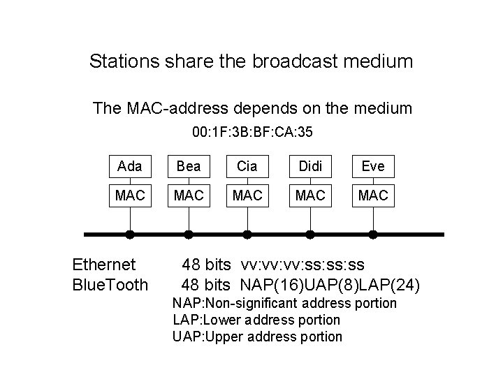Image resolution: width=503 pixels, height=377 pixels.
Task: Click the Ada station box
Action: click(130, 166)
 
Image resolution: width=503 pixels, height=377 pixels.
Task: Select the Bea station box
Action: click(188, 166)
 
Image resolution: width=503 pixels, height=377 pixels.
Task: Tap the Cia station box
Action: click(246, 166)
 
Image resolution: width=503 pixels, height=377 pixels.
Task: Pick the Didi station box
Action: click(310, 166)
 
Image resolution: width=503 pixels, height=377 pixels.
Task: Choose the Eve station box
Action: click(373, 166)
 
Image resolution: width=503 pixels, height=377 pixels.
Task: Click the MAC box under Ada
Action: click(130, 196)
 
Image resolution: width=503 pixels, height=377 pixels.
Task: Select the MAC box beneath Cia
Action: click(246, 196)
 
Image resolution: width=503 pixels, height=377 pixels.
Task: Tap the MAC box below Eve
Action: click(373, 196)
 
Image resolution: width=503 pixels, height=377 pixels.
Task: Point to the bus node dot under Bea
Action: click(188, 235)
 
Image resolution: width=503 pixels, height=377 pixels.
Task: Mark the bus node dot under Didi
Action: click(310, 235)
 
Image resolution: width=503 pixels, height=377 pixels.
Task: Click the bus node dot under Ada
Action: click(130, 235)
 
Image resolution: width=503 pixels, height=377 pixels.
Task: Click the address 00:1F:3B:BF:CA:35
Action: click(252, 131)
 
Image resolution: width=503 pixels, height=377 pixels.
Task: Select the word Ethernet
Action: click(104, 265)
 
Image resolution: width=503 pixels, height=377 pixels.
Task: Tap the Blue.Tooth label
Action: click(110, 284)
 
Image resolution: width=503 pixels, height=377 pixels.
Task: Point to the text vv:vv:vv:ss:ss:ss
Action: click(302, 265)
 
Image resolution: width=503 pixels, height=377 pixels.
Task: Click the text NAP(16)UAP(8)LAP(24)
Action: click(330, 284)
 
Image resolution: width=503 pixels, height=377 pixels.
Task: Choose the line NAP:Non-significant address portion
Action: click(284, 304)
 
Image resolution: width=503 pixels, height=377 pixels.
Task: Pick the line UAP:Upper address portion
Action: click(257, 337)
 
